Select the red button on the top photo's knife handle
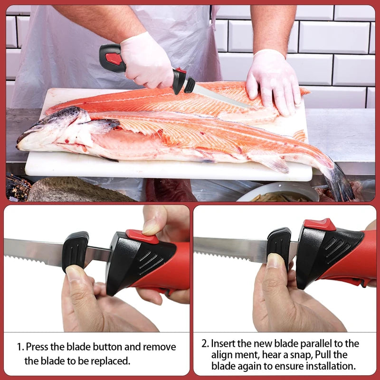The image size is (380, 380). click(114, 59)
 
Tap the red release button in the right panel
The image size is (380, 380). click(319, 224)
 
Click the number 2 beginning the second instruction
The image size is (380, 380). click(204, 343)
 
